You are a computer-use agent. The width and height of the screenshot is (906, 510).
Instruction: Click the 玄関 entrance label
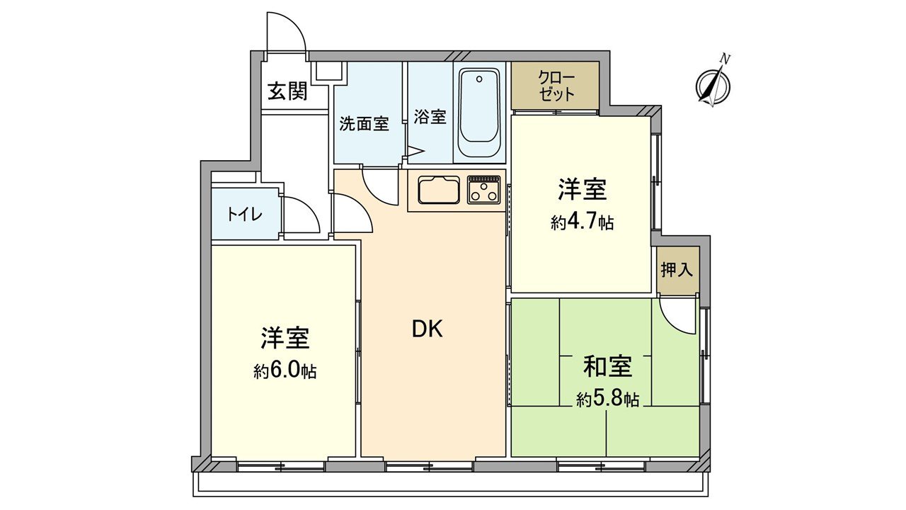point(287,91)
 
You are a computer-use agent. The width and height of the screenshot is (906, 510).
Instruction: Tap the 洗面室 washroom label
point(364,123)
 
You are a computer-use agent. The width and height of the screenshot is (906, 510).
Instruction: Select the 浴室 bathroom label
point(430,117)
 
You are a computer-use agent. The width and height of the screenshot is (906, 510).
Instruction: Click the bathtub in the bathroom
point(478,115)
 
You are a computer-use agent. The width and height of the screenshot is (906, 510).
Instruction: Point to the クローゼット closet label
point(556,86)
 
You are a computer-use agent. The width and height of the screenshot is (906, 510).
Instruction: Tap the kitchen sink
point(439,191)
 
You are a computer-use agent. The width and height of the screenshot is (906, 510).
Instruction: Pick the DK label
point(428,329)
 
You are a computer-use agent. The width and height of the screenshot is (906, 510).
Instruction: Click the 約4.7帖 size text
point(582,223)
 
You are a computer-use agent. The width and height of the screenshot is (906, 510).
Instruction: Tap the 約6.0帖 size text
point(285,371)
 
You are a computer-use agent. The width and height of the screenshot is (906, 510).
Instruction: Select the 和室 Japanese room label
point(607,366)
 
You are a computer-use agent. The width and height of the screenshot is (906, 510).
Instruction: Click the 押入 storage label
point(677,270)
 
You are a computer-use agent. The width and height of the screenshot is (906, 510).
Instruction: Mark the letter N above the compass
point(724,58)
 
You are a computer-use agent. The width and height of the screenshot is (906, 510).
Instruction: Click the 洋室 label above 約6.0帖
point(285,339)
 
